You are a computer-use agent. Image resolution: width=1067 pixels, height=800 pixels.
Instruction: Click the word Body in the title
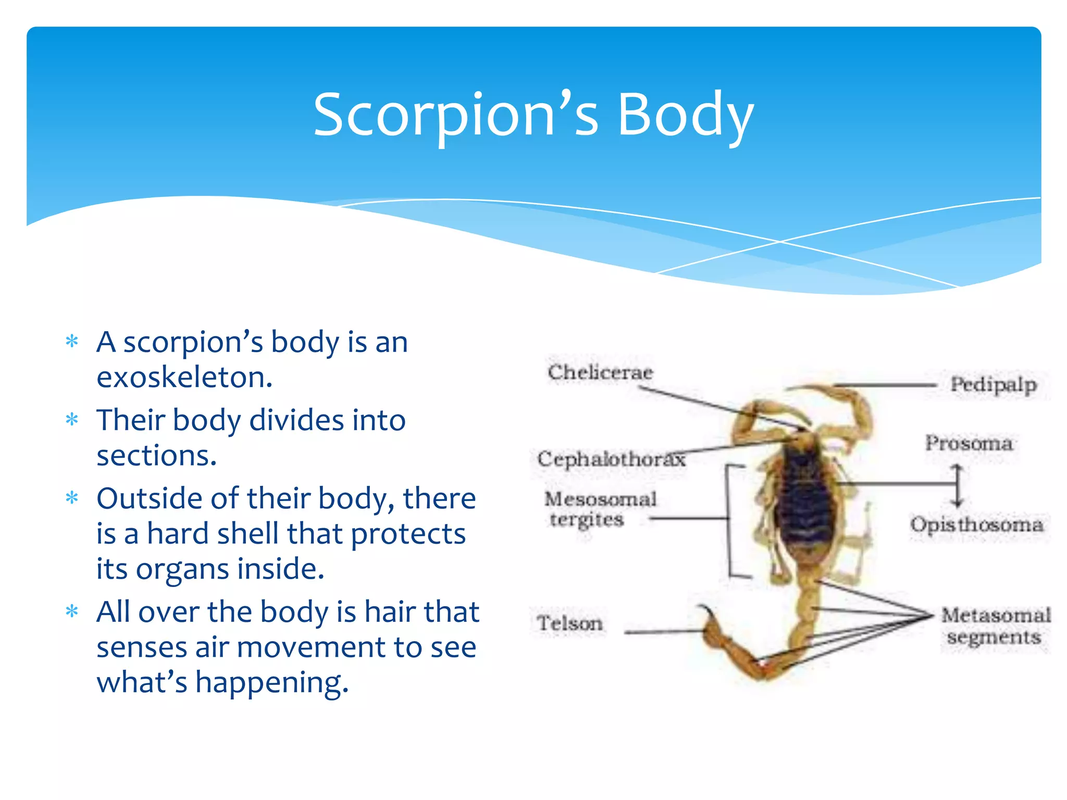685,115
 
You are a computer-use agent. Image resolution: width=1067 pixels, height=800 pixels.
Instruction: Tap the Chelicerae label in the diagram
600,372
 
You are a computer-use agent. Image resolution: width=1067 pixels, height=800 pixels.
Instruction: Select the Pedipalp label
993,385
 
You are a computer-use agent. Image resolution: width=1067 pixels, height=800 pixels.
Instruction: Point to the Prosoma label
969,443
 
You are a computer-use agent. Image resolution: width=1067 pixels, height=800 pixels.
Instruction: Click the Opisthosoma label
976,524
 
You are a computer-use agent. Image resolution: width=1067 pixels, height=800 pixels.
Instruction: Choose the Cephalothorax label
611,459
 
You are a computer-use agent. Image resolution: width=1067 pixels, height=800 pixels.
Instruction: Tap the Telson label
569,623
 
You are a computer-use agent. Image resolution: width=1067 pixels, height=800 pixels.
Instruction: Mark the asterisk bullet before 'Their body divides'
72,420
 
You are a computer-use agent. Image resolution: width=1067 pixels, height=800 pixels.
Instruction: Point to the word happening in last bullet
271,682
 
